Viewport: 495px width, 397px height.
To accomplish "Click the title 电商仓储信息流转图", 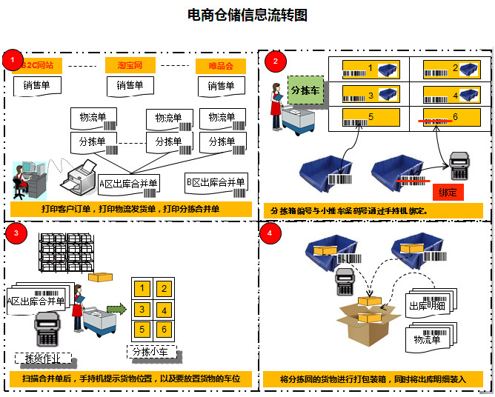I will click(x=247, y=14).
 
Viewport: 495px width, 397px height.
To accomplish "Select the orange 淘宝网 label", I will click(x=130, y=66).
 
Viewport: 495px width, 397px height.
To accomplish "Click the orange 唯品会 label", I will click(x=221, y=66).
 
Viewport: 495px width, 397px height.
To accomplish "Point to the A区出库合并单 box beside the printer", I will click(x=129, y=183).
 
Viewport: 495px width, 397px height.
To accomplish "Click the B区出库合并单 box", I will click(x=215, y=183).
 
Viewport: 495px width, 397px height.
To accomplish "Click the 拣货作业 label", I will click(x=43, y=358).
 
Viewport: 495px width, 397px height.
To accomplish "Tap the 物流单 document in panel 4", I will click(x=428, y=340).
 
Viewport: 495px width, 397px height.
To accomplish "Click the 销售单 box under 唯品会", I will click(x=221, y=86).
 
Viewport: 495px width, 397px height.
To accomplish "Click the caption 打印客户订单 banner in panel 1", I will click(x=130, y=209).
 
